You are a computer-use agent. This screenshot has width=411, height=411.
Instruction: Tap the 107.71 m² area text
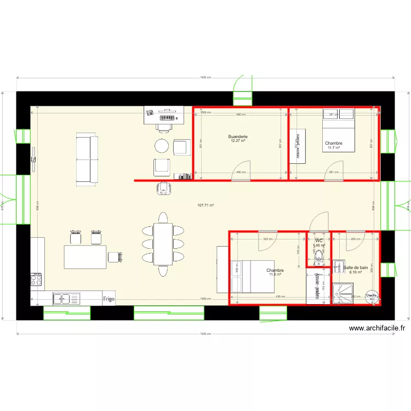pos(206,206)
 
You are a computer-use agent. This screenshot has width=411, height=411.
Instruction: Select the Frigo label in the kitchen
pos(109,299)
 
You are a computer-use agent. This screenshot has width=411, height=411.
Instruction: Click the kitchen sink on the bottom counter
pos(66,299)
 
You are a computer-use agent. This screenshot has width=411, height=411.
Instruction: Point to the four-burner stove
pos(36,280)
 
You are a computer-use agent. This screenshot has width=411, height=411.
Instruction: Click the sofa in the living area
pos(87,159)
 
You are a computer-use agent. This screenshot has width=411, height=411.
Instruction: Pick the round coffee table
pos(162,145)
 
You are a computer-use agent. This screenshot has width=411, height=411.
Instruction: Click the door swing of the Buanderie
pos(242,169)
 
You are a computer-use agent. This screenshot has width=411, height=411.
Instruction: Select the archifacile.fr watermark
pos(377,328)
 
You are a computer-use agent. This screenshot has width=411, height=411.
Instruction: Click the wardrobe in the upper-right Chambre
pos(296,147)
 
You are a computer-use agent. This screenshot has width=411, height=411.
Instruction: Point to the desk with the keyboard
pos(162,116)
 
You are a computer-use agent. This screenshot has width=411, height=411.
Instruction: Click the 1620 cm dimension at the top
pos(206,77)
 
